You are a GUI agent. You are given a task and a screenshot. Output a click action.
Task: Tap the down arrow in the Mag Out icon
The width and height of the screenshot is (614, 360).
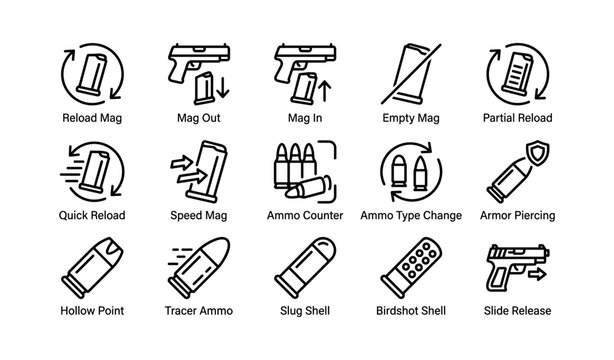tap(222, 87)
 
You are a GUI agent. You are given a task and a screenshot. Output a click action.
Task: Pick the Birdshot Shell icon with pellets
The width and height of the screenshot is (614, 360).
tap(410, 268)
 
